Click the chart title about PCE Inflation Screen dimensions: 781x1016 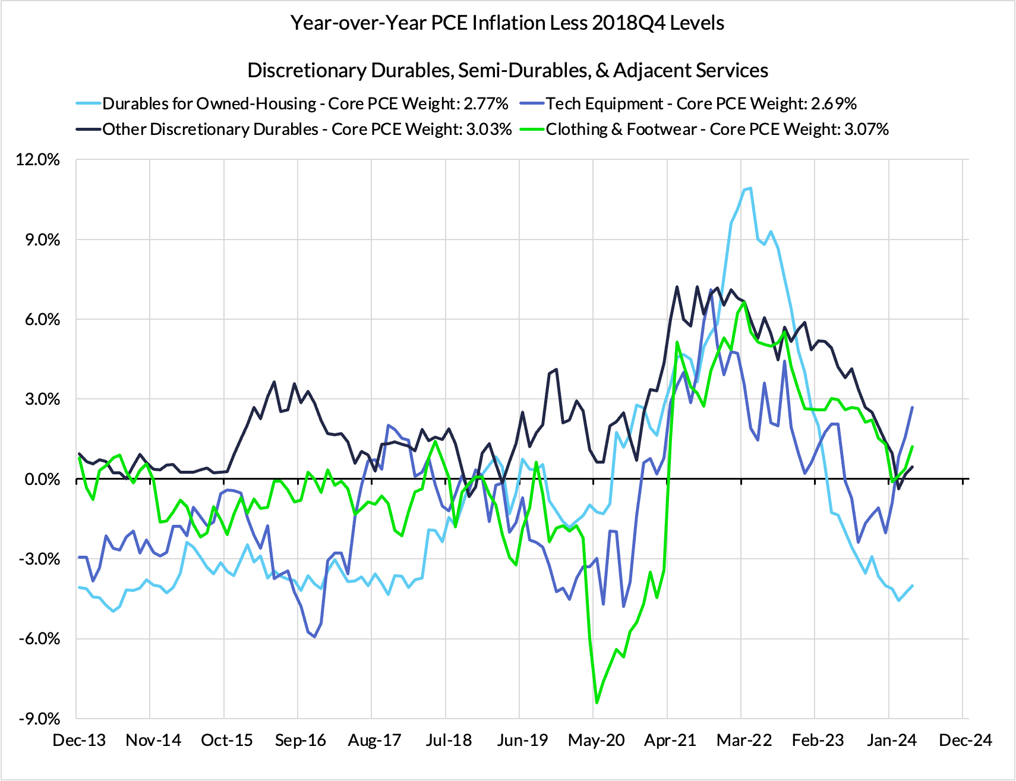(x=507, y=23)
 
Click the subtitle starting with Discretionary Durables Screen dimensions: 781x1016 (x=507, y=70)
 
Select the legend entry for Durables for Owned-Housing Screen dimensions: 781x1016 (x=305, y=104)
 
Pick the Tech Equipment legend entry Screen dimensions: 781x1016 (x=701, y=104)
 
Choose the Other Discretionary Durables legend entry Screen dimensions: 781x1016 (x=307, y=130)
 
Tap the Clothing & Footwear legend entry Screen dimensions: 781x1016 (x=717, y=130)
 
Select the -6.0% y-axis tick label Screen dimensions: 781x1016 (x=39, y=639)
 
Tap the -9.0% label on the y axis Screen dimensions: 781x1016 (x=39, y=719)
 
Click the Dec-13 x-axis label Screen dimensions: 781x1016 (x=79, y=741)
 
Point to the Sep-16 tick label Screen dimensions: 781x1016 (x=301, y=741)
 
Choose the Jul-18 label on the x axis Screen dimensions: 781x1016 (x=449, y=741)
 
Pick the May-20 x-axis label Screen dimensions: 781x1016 (x=597, y=741)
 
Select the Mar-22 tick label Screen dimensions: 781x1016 (x=744, y=741)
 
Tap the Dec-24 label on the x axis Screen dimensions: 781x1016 (x=965, y=741)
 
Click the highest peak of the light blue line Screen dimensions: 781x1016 (x=750, y=188)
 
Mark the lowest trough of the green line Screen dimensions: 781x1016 (x=597, y=703)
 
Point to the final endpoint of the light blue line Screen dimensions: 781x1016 (x=912, y=585)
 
